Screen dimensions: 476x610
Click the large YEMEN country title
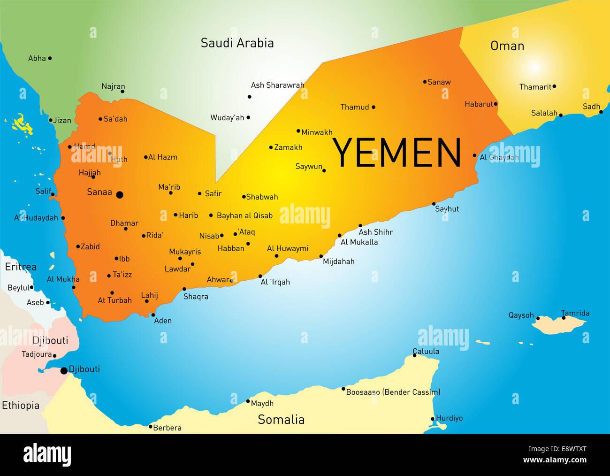pyautogui.click(x=397, y=153)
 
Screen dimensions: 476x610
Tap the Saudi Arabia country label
pyautogui.click(x=237, y=43)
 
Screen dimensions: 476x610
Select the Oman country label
pyautogui.click(x=507, y=46)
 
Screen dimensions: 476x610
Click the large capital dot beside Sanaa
pyautogui.click(x=120, y=195)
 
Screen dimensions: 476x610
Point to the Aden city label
pyautogui.click(x=163, y=321)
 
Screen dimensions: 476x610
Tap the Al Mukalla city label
pyautogui.click(x=359, y=242)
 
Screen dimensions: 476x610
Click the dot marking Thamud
pyautogui.click(x=374, y=107)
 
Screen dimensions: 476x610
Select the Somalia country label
pyautogui.click(x=281, y=420)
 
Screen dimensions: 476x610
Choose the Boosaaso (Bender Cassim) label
pyautogui.click(x=393, y=392)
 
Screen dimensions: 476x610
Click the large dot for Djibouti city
pyautogui.click(x=64, y=371)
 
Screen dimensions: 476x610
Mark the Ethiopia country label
pyautogui.click(x=21, y=406)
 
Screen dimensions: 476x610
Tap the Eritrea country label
pyautogui.click(x=21, y=267)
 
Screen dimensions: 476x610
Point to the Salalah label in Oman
pyautogui.click(x=544, y=113)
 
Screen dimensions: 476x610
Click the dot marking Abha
pyautogui.click(x=50, y=58)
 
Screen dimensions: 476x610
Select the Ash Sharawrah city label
pyautogui.click(x=277, y=85)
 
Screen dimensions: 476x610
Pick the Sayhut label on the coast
pyautogui.click(x=447, y=209)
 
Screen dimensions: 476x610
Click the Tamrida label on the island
pyautogui.click(x=575, y=313)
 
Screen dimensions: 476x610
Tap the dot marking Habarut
pyautogui.click(x=496, y=104)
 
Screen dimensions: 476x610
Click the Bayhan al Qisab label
pyautogui.click(x=244, y=216)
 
